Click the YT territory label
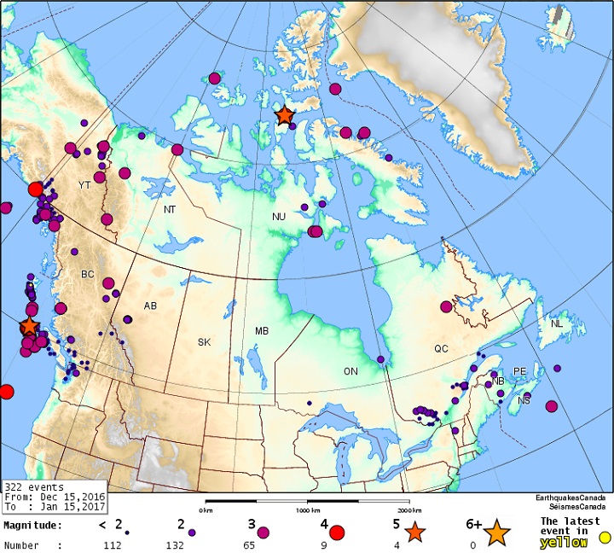coord(84,185)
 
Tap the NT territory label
coord(170,209)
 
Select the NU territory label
coord(279,218)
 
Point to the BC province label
coord(88,275)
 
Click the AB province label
coord(150,306)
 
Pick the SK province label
coord(204,342)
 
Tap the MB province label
coord(262,331)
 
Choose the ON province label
coord(350,371)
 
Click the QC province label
coord(441,349)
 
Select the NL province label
coord(557,324)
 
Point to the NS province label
coord(524,400)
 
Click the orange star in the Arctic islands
coord(284,115)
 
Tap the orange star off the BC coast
coord(29,326)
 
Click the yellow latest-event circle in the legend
coord(605,538)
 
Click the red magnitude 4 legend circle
coord(336,533)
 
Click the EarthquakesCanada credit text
coord(571,498)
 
